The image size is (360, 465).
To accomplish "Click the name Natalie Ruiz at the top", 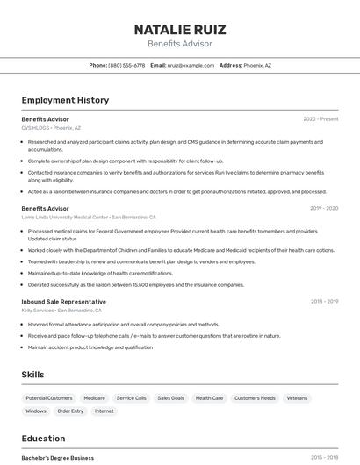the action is tap(179, 29).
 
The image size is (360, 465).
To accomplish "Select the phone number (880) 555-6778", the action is tap(126, 65).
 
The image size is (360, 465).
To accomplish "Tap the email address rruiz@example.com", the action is tap(191, 65).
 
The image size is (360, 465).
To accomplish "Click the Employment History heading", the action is tap(65, 100).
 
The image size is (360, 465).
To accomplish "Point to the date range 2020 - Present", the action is tap(320, 119).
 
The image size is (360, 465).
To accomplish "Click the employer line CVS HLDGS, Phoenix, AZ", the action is tap(51, 127).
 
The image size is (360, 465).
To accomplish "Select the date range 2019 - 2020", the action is tap(324, 209).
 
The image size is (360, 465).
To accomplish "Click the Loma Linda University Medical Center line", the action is tap(89, 217).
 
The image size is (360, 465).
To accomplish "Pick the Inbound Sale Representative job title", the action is tap(63, 302).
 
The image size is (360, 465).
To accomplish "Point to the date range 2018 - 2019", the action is tap(324, 302).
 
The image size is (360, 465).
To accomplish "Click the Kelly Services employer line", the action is tap(61, 310).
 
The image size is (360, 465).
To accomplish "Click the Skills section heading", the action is tap(32, 375).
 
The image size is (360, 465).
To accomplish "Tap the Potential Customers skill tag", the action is tap(49, 398).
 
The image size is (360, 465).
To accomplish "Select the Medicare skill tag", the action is tap(94, 398).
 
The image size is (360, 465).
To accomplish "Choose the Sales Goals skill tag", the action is tap(170, 398).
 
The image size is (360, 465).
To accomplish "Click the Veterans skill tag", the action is tap(297, 398).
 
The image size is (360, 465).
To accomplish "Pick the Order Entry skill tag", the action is tap(70, 411).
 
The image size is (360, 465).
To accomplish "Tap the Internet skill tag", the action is tap(104, 411).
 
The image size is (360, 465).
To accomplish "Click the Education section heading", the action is tap(43, 439).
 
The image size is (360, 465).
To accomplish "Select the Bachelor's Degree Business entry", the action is tap(58, 458).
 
